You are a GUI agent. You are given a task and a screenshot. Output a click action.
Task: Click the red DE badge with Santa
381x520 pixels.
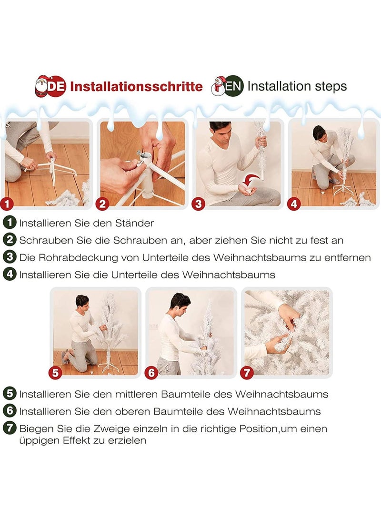point(50,86)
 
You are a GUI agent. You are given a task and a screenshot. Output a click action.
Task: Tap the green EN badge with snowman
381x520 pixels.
point(227,86)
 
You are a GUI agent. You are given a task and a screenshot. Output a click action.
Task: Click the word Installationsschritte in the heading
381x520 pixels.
point(136,87)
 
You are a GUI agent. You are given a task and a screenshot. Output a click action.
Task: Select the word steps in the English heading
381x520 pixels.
point(329,87)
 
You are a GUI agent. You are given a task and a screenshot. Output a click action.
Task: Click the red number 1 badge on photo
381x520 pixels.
point(7,204)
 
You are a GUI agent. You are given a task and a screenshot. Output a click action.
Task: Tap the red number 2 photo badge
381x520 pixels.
point(102,204)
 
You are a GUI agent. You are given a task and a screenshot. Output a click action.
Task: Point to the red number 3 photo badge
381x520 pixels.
point(199,204)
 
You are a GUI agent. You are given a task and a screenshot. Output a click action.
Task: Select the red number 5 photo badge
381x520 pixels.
point(55,372)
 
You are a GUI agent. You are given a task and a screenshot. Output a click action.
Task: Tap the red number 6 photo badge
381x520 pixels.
point(151,372)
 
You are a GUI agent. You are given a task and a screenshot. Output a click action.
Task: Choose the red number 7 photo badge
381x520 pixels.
point(247,372)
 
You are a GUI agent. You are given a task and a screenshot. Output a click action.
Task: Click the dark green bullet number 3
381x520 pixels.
point(10,257)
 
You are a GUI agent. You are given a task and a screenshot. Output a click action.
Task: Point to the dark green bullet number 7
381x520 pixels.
point(10,428)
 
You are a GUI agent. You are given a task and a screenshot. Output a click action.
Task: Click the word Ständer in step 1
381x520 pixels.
point(134,223)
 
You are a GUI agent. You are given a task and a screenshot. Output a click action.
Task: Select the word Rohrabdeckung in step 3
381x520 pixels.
point(78,258)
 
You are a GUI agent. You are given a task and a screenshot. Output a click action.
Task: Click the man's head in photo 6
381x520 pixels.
point(180,304)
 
